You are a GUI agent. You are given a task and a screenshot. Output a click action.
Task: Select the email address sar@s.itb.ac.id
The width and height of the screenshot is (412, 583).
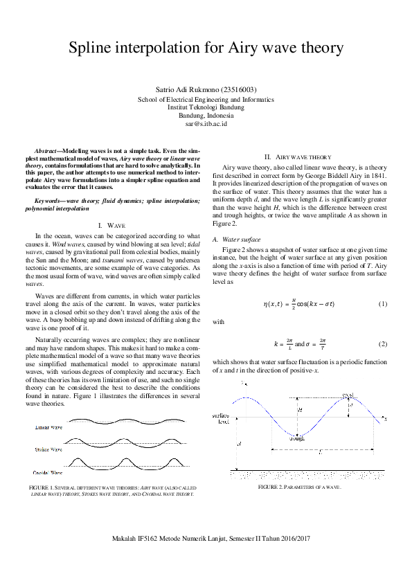tap(206, 124)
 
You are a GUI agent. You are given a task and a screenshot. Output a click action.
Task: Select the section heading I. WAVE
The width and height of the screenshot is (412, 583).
tap(111, 226)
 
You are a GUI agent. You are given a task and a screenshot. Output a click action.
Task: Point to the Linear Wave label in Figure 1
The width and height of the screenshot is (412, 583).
tap(48, 428)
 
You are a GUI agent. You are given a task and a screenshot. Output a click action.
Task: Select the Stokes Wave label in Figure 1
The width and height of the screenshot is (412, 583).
tap(48, 450)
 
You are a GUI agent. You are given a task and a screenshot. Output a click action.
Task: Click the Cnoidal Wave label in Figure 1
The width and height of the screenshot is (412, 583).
tap(48, 472)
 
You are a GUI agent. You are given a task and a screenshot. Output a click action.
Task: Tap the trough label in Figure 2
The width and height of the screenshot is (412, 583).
tap(297, 438)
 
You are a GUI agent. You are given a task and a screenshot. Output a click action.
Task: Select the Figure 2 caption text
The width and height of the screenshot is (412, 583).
tap(299, 487)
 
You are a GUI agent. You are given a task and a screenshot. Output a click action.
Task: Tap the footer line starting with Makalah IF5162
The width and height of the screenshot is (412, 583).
tap(206, 538)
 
